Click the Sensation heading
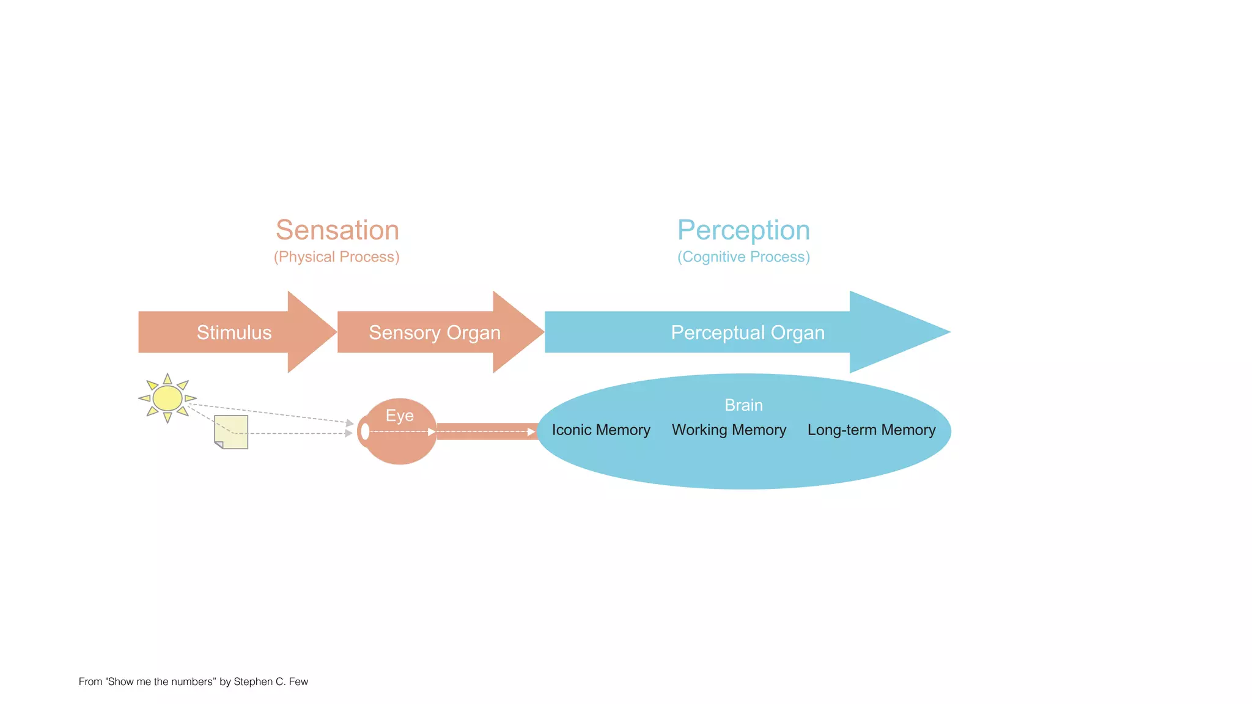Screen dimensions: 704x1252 tap(337, 230)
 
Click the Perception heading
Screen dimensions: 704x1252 tap(743, 230)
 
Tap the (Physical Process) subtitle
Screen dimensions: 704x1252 tap(337, 257)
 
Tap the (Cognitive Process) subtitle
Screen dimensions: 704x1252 tap(743, 257)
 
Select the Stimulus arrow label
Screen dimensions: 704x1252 tap(234, 332)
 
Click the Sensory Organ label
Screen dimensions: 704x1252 tap(435, 332)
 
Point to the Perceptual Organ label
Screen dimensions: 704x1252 tap(748, 332)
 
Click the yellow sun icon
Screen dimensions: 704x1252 tap(167, 398)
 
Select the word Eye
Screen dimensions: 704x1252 tap(399, 416)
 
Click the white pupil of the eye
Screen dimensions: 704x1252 tap(365, 431)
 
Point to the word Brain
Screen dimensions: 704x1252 tap(743, 405)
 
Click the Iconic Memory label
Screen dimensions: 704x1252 tap(601, 430)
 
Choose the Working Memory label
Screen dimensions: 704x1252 tap(729, 430)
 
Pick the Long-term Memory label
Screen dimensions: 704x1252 tap(871, 430)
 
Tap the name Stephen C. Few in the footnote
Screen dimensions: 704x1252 tap(271, 681)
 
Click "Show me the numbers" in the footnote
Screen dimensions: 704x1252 tap(160, 681)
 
